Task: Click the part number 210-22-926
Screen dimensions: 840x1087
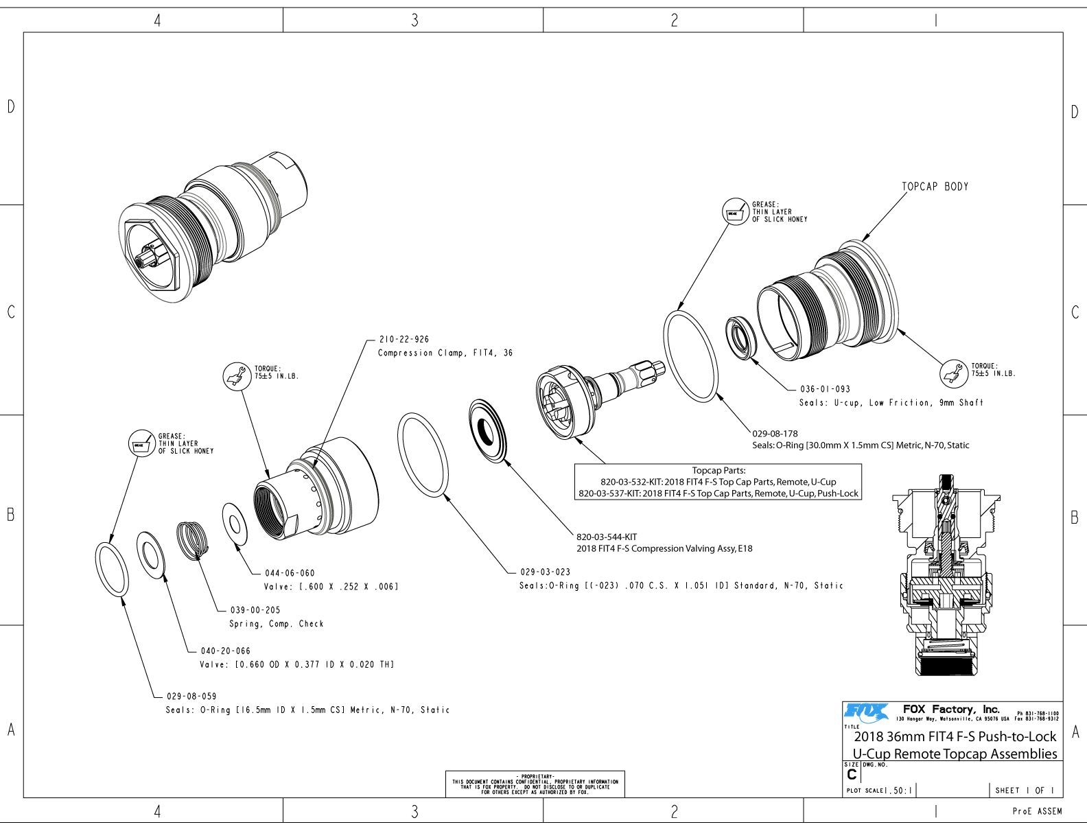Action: click(404, 339)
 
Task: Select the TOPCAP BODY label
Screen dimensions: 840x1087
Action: click(935, 187)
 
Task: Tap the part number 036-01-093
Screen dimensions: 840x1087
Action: click(825, 389)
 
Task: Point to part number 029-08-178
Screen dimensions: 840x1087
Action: click(775, 434)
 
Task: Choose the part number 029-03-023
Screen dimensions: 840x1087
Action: click(545, 572)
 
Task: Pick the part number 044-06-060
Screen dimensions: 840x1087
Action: click(290, 573)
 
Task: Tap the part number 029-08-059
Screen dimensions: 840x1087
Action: click(191, 697)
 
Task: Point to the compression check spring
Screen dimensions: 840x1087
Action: click(192, 539)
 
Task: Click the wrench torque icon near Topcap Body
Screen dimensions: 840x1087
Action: click(952, 374)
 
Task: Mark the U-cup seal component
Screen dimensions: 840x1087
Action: click(742, 337)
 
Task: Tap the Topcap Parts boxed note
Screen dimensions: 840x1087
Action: click(718, 482)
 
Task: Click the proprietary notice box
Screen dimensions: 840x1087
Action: click(535, 784)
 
